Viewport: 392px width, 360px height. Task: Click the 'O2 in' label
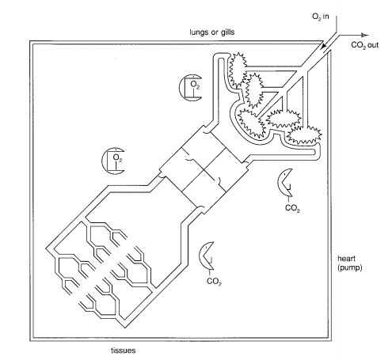click(x=321, y=17)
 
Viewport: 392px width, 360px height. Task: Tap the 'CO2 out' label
click(x=364, y=45)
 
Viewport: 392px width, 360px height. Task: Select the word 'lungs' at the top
click(x=199, y=32)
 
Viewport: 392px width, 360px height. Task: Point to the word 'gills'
click(x=227, y=32)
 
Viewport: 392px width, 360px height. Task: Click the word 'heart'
click(x=346, y=259)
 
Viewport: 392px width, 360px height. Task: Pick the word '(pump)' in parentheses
click(x=350, y=268)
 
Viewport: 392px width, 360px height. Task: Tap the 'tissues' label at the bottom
click(x=124, y=351)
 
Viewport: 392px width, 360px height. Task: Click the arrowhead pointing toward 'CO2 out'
click(x=364, y=36)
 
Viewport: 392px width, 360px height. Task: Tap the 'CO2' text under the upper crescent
click(x=292, y=208)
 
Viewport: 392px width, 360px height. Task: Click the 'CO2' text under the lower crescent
click(x=214, y=282)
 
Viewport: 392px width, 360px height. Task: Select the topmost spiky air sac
click(x=236, y=70)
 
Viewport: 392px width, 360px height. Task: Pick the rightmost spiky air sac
click(x=304, y=135)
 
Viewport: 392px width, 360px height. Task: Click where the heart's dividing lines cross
click(x=204, y=170)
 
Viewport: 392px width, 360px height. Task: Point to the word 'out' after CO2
click(x=373, y=45)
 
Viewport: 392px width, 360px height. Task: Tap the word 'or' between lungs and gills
click(x=215, y=32)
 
